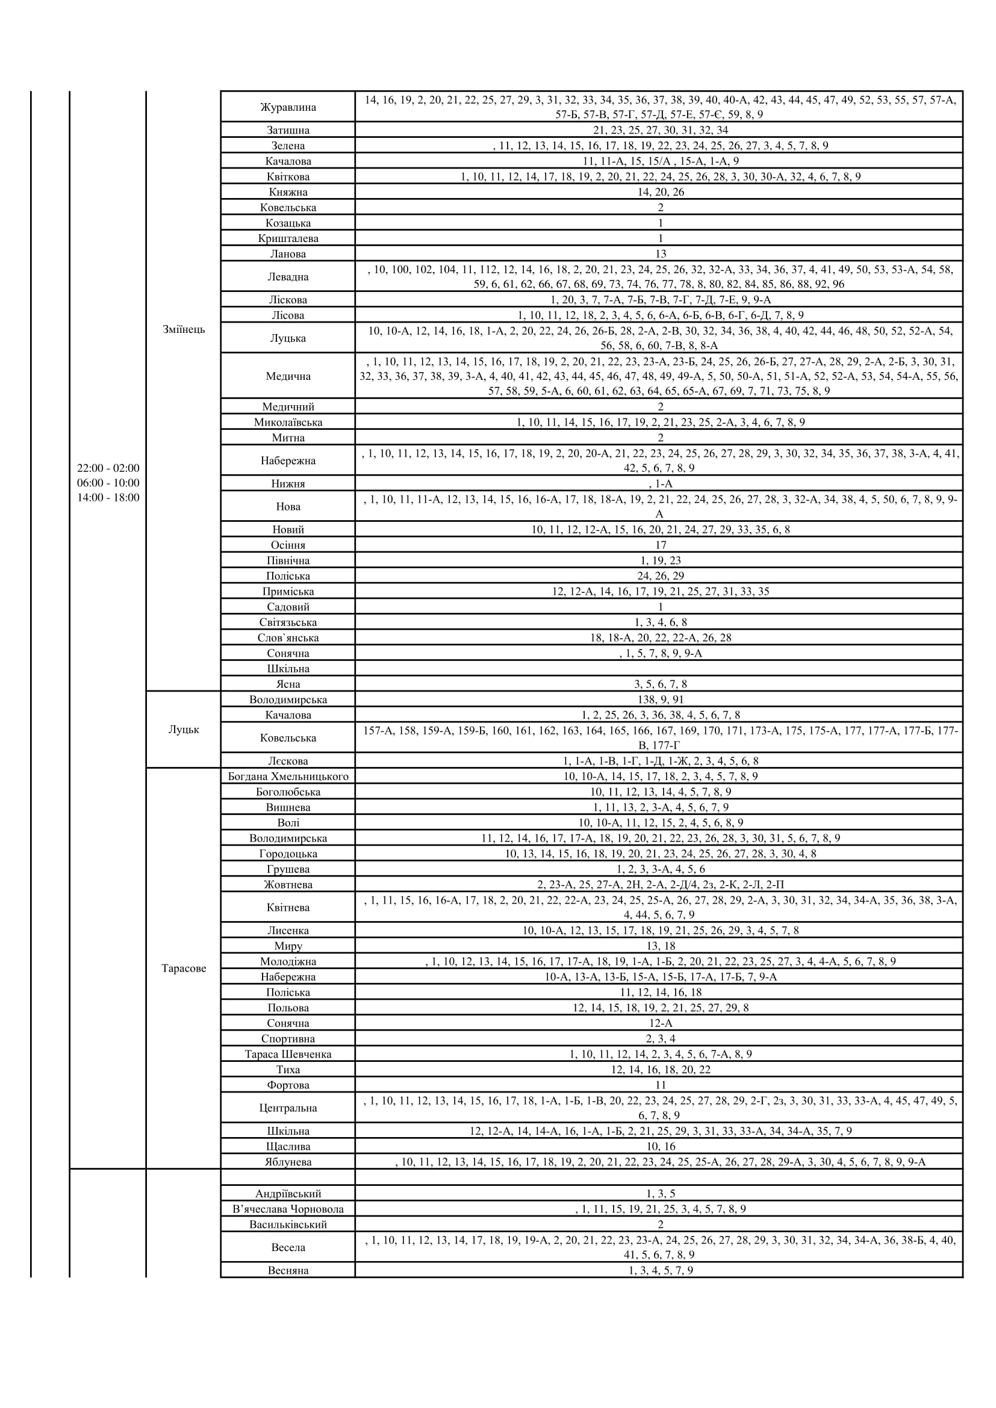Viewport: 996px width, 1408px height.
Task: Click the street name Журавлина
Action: [288, 107]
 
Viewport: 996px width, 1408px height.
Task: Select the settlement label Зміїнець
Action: [184, 329]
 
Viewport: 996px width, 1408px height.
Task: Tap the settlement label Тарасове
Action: [184, 969]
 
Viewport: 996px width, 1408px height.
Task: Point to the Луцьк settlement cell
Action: [184, 730]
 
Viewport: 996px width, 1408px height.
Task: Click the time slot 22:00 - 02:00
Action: [108, 468]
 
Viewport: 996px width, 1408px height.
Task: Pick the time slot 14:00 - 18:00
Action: [108, 497]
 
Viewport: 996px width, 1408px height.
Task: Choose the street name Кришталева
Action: [288, 238]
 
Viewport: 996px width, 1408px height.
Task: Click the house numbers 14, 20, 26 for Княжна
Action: [660, 192]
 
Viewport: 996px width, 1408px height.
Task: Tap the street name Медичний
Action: [288, 406]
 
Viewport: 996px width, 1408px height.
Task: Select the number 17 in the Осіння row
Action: [660, 545]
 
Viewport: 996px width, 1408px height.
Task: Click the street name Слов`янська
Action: [288, 637]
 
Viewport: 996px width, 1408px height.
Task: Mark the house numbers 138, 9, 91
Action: [660, 699]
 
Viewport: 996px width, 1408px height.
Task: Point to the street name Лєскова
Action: [288, 761]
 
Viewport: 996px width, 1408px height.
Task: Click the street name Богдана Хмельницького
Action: [288, 777]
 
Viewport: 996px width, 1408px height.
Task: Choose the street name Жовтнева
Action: [288, 884]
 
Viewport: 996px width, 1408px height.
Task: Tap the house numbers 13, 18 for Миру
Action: [660, 946]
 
